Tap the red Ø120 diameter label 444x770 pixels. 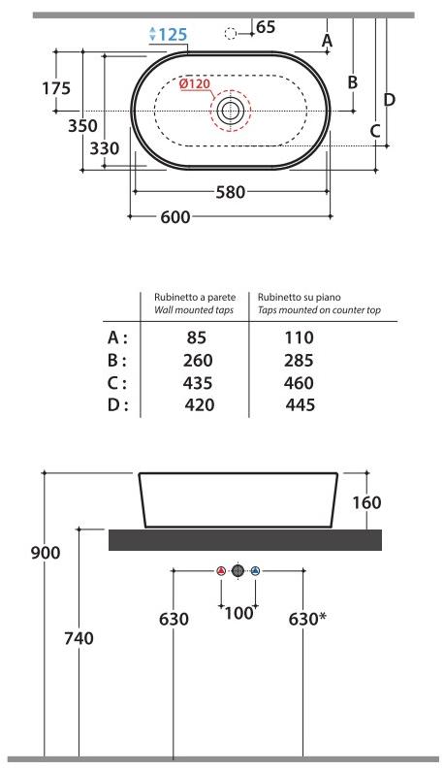point(195,84)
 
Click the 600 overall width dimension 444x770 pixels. point(174,216)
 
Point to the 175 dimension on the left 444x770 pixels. point(56,88)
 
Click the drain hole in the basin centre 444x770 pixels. point(231,111)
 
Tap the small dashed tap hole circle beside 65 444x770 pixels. point(231,34)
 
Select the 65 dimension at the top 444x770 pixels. point(266,27)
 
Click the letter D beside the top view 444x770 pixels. point(389,99)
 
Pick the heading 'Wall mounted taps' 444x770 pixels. point(195,310)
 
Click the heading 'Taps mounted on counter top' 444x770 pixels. point(319,310)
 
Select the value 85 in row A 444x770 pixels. point(197,337)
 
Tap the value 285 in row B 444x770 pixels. point(300,360)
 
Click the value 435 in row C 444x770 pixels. point(197,382)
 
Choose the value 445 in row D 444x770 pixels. point(300,404)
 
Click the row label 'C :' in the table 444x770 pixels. point(116,382)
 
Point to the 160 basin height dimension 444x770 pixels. point(367,502)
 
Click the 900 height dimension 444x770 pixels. point(45,553)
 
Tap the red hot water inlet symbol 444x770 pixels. point(221,571)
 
